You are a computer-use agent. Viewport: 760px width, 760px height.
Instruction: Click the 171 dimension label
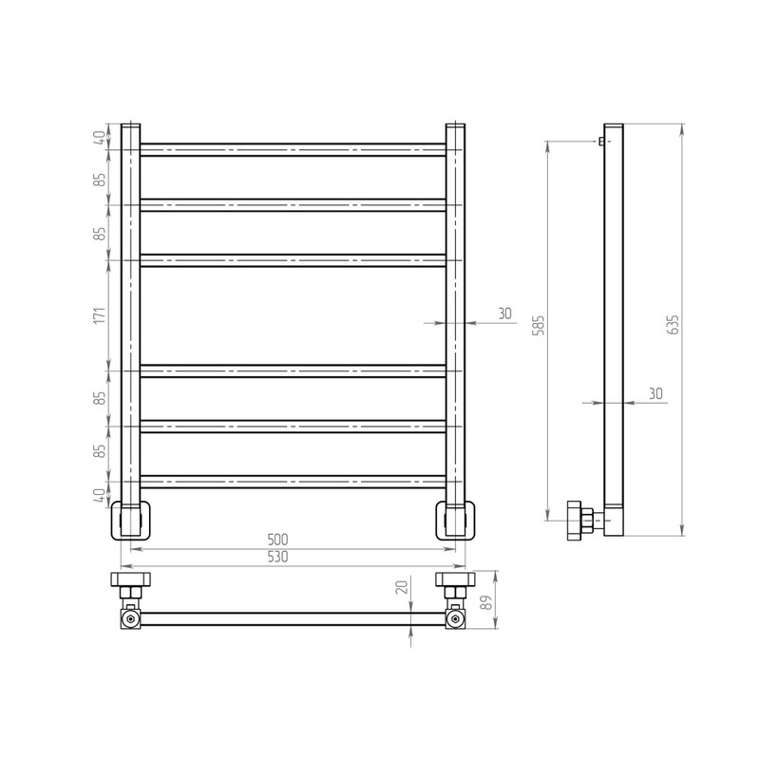click(100, 315)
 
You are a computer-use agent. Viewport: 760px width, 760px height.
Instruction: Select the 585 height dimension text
click(539, 325)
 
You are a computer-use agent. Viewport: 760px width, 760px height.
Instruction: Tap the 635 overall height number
click(674, 324)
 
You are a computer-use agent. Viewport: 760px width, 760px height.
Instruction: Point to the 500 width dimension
click(277, 539)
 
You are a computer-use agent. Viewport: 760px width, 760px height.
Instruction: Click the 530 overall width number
click(277, 557)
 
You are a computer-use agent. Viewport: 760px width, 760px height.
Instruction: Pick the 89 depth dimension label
click(487, 601)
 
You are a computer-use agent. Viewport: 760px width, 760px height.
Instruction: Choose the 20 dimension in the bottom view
click(402, 587)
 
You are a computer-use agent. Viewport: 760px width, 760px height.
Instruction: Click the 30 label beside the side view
click(655, 393)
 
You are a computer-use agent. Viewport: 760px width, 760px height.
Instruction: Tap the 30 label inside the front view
click(504, 313)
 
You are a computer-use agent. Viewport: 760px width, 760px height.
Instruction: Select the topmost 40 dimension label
click(100, 138)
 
